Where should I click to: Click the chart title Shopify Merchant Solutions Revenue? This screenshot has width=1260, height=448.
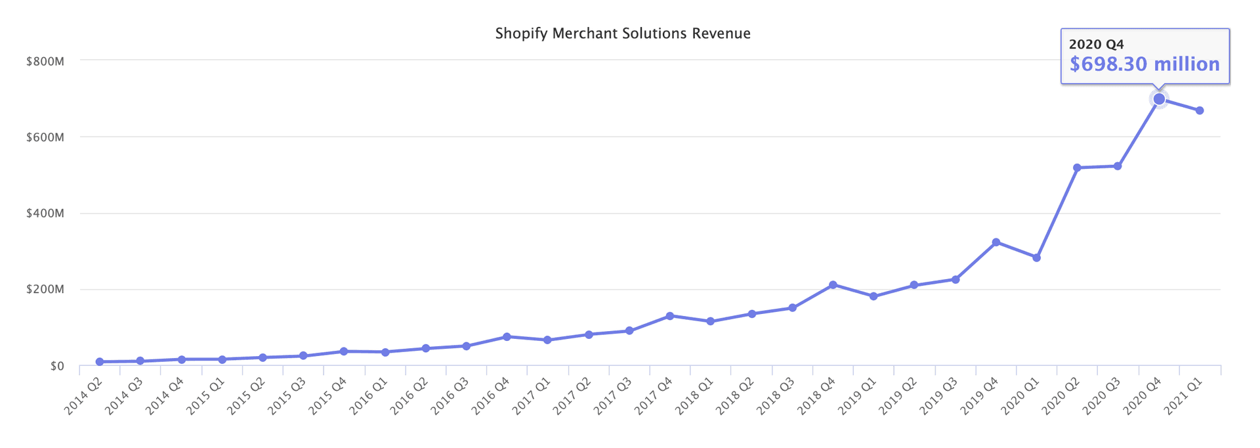point(622,34)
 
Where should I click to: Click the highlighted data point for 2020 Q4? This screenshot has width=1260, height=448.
point(1159,99)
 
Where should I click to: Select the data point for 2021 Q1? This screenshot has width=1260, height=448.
point(1200,110)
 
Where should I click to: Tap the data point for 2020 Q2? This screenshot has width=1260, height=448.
point(1077,168)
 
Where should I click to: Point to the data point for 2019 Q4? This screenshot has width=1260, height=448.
point(996,242)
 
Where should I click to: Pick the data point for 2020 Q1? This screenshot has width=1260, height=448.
point(1036,258)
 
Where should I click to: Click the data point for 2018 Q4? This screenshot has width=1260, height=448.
point(833,284)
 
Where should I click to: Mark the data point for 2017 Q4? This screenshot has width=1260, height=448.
point(670,316)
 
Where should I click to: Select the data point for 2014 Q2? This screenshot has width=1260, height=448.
point(100,362)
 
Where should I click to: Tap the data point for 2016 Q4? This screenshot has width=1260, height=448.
point(507,336)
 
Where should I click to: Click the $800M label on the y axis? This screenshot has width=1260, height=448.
point(45,61)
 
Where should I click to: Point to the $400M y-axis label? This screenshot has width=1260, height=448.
point(45,213)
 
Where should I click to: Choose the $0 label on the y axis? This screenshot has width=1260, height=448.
point(57,366)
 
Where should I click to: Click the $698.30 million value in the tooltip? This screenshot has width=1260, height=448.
point(1144,64)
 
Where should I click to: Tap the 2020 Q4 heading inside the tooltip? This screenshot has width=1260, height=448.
point(1097,44)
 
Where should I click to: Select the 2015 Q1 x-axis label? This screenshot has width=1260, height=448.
point(207,396)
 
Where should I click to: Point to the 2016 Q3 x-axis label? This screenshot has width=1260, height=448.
point(451,396)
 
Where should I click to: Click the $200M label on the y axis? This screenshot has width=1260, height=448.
point(45,290)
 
